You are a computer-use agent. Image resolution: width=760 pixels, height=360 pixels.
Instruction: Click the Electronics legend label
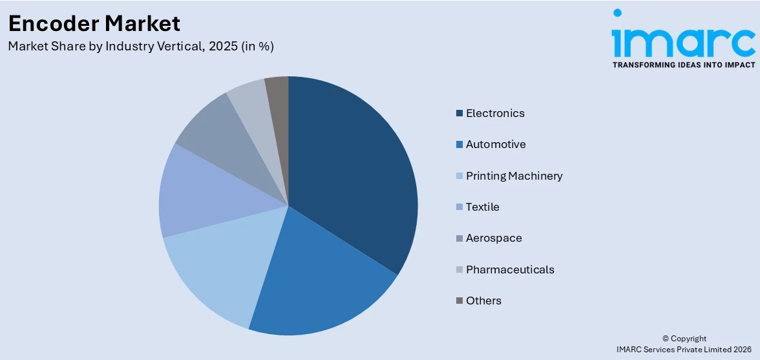click(495, 113)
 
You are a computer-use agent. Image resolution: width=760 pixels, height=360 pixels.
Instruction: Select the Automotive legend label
click(496, 144)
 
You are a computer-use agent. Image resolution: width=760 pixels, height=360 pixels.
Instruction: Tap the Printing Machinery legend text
click(514, 176)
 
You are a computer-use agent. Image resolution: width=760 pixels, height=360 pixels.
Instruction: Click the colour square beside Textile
click(459, 207)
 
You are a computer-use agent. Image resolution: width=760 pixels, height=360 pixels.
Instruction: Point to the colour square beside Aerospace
click(459, 238)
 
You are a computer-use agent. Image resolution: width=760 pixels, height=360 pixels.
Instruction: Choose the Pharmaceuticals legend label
click(510, 270)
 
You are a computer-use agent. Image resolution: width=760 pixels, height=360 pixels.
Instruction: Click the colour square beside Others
click(459, 301)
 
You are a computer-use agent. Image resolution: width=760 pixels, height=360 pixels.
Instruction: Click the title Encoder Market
click(94, 24)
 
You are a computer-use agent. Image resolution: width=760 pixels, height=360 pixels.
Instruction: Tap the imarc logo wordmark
click(683, 40)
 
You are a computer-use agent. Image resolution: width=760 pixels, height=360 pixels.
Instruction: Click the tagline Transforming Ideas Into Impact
click(683, 65)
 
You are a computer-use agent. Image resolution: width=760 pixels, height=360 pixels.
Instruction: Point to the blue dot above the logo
click(617, 13)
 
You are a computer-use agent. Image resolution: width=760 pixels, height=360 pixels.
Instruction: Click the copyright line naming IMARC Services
click(684, 349)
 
